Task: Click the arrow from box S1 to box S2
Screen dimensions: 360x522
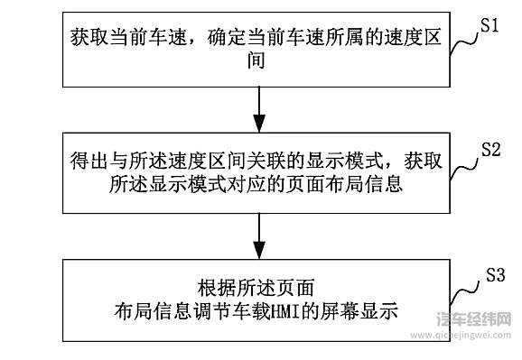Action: (260, 105)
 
